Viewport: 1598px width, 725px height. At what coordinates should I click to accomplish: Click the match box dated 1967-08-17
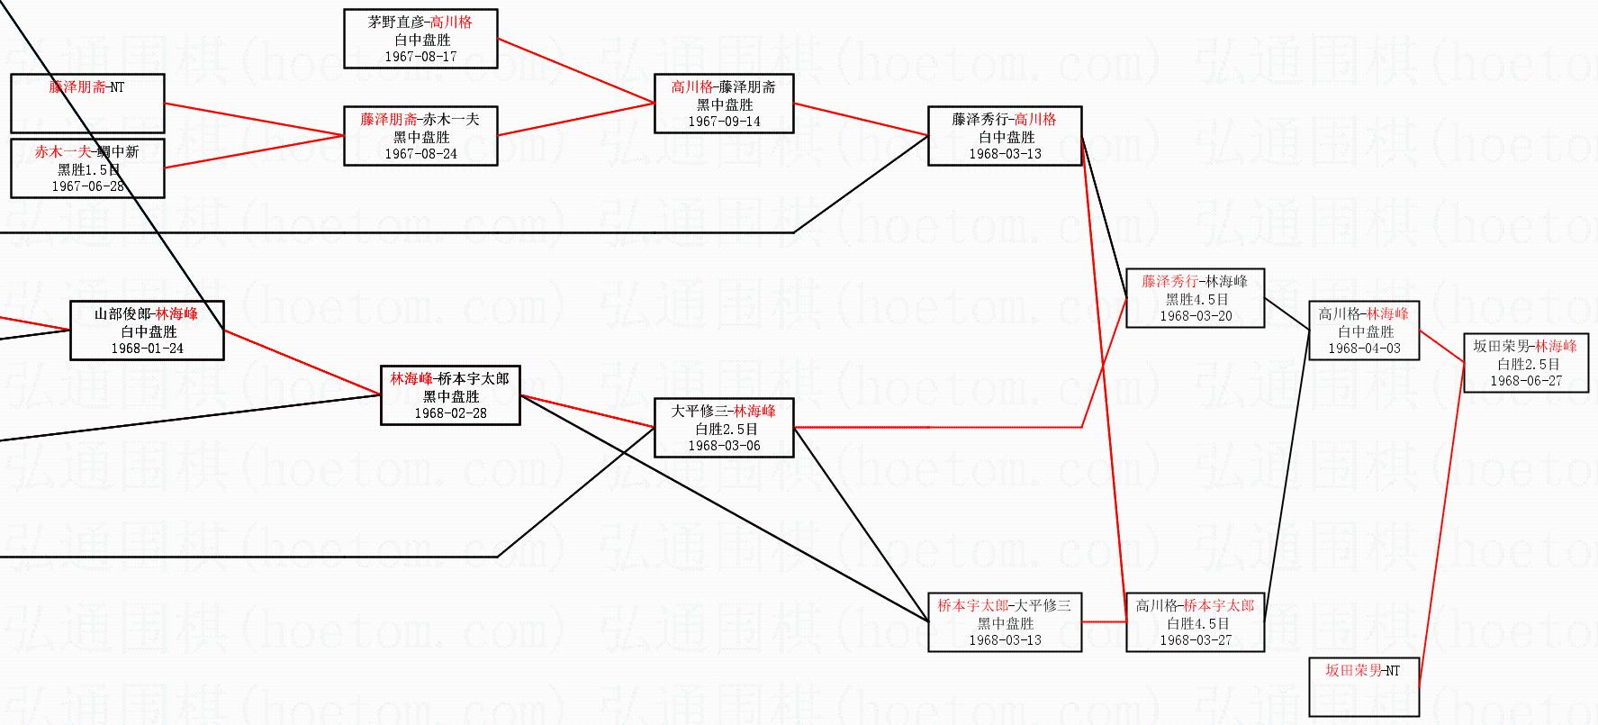click(x=420, y=39)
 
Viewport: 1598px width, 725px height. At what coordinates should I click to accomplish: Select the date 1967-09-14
click(x=724, y=122)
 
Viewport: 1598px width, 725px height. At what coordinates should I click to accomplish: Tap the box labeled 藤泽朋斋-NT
click(x=87, y=103)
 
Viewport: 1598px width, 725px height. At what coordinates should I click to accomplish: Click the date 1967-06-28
click(x=87, y=186)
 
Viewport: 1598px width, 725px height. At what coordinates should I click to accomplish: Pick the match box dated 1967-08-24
click(x=420, y=136)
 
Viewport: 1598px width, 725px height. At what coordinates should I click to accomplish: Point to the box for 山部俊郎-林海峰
click(x=147, y=331)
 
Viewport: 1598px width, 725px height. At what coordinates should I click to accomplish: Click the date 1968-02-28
click(x=450, y=413)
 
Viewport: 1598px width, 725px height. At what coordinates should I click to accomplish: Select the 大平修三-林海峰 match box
click(x=724, y=428)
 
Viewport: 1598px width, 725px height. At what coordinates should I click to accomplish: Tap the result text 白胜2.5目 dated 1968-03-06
click(x=724, y=429)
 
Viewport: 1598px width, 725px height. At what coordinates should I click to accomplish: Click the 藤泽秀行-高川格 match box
click(x=1004, y=136)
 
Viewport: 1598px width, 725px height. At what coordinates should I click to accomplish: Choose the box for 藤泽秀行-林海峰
click(x=1195, y=298)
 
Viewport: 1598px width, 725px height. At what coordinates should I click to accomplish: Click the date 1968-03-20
click(x=1195, y=316)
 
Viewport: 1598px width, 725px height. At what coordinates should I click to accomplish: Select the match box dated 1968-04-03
click(x=1363, y=331)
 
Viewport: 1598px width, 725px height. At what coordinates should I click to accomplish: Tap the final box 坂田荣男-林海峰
click(x=1525, y=363)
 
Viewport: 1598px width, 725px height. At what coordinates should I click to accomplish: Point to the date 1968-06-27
click(x=1525, y=381)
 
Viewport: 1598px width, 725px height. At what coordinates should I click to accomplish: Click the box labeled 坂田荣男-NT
click(x=1363, y=687)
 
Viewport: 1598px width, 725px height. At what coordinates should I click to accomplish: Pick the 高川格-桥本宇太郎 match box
click(x=1195, y=622)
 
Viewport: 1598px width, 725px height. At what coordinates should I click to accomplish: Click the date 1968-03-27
click(x=1195, y=640)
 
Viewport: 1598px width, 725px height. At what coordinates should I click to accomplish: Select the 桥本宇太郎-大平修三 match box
click(x=1004, y=622)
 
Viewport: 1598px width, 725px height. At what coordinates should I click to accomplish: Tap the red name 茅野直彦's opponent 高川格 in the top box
click(x=451, y=23)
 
